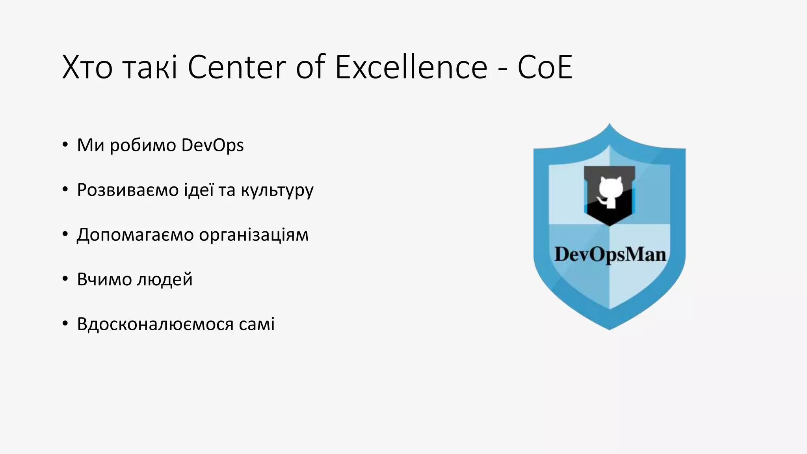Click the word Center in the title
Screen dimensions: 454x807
coord(236,67)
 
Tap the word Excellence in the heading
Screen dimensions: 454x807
coord(411,67)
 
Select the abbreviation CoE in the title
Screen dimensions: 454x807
coord(545,67)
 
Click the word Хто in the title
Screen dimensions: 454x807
coord(87,67)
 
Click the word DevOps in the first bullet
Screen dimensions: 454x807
coord(212,145)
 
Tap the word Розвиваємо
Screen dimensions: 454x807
coord(128,190)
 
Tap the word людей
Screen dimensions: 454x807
coord(164,280)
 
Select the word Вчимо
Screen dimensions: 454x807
coord(104,279)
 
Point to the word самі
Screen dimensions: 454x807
coord(257,324)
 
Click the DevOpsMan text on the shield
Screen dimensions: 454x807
coord(610,254)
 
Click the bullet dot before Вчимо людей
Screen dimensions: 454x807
coord(65,279)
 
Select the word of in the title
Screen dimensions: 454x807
coord(311,67)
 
